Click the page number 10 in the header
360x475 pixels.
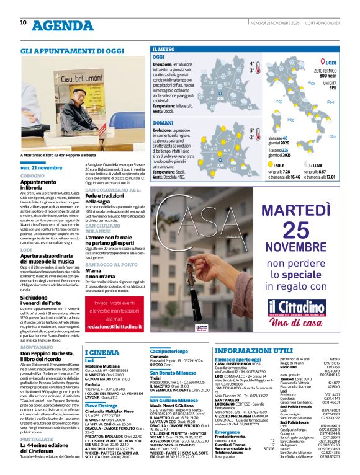pyautogui.click(x=24, y=22)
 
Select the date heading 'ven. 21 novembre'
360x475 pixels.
pyautogui.click(x=38, y=168)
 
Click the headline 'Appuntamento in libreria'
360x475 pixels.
pyautogui.click(x=42, y=184)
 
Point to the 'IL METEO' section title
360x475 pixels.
pyautogui.click(x=163, y=48)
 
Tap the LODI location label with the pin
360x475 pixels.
pyautogui.click(x=330, y=63)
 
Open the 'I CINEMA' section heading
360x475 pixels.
pyautogui.click(x=102, y=352)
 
